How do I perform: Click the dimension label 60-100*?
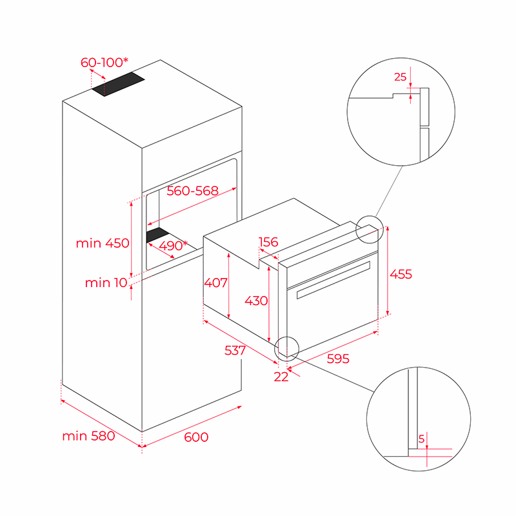point(104,63)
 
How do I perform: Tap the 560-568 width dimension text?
point(192,191)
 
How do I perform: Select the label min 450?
point(103,243)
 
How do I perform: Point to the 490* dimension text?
point(172,245)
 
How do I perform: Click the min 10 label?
point(106,283)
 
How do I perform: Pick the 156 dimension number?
point(268,243)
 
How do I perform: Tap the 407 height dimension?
point(215,283)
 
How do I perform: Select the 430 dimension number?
point(256,301)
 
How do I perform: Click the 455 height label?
point(401,274)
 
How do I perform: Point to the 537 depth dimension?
point(235,350)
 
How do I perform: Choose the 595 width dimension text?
point(338,359)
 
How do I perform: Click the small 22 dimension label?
point(281,377)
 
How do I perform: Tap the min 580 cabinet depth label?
point(88,436)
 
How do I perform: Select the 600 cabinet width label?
point(196,437)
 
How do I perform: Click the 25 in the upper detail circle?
point(400,77)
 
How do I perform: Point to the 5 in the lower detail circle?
point(421,439)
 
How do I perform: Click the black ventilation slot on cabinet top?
point(119,84)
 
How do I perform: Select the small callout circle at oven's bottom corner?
point(287,347)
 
